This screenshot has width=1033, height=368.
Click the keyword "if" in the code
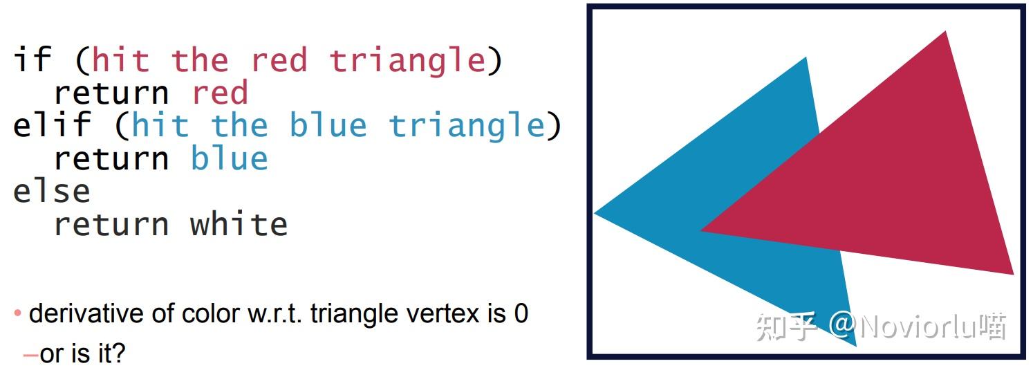[32, 60]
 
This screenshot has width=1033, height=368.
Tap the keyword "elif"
[52, 125]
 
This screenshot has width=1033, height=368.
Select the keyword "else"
[52, 192]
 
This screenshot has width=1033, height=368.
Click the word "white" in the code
[239, 225]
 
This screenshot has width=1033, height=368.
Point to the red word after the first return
[220, 93]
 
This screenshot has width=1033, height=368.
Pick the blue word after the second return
[229, 158]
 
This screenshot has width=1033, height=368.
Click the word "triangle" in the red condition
[407, 60]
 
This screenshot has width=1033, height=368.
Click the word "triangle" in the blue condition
[467, 126]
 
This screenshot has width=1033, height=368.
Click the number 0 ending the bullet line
[521, 314]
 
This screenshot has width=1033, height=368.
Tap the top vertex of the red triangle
[944, 33]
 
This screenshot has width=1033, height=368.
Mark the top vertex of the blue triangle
[806, 58]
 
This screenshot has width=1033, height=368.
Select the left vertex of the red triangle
[702, 231]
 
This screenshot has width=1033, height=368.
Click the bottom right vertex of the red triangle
[1012, 274]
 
